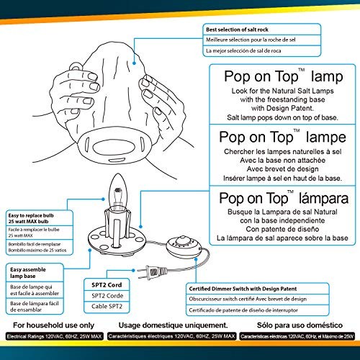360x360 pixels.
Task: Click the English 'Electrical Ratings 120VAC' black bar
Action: pos(53,336)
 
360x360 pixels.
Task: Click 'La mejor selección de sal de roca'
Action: pos(248,51)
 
